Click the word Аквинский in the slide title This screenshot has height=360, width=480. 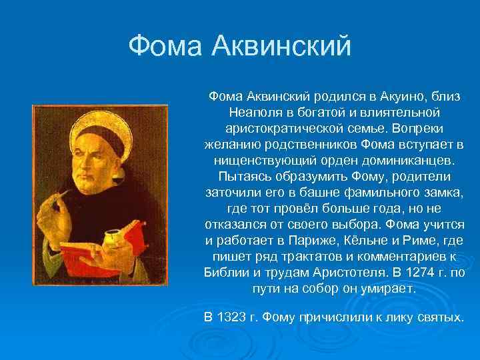(x=281, y=46)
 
